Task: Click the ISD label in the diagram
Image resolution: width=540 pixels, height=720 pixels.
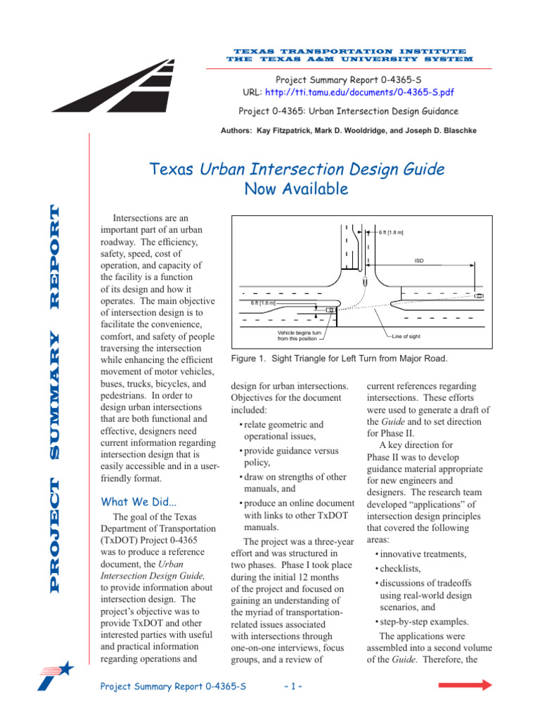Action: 418,260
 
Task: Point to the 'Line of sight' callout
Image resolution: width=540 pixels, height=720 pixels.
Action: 406,336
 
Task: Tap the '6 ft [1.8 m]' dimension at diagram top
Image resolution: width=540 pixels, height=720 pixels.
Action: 390,231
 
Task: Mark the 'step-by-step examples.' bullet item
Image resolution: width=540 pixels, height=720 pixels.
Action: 423,622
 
